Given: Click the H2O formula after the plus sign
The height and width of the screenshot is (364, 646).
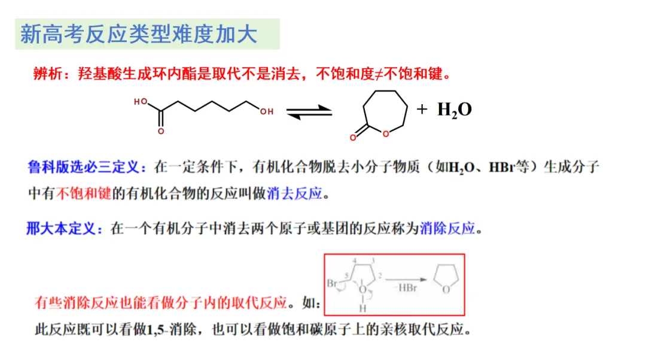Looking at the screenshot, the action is pos(455,110).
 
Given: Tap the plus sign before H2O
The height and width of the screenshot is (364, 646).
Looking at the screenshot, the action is pos(422,109).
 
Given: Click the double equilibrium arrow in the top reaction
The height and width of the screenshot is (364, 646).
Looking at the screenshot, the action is pos(309,112).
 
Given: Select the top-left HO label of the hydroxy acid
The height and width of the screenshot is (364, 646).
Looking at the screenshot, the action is pos(141,102).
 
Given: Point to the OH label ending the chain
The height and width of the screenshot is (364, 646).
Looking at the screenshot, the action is pos(267,111).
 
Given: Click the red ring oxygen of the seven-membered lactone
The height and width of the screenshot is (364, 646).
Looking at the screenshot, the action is pos(386,134).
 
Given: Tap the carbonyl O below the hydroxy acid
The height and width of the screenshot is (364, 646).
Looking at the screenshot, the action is pos(160,131).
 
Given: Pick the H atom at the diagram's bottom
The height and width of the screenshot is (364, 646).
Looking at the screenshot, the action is pos(362,309).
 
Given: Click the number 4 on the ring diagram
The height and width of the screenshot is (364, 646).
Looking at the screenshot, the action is pos(355,261).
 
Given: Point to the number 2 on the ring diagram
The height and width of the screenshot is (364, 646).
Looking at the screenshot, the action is pos(380,276).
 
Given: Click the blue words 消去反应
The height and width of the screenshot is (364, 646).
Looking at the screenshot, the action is pos(295,193).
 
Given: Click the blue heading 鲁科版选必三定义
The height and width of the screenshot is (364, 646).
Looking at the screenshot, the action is pos(83,167).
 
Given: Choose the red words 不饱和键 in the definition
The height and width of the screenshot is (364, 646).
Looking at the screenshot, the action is pos(84,193).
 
